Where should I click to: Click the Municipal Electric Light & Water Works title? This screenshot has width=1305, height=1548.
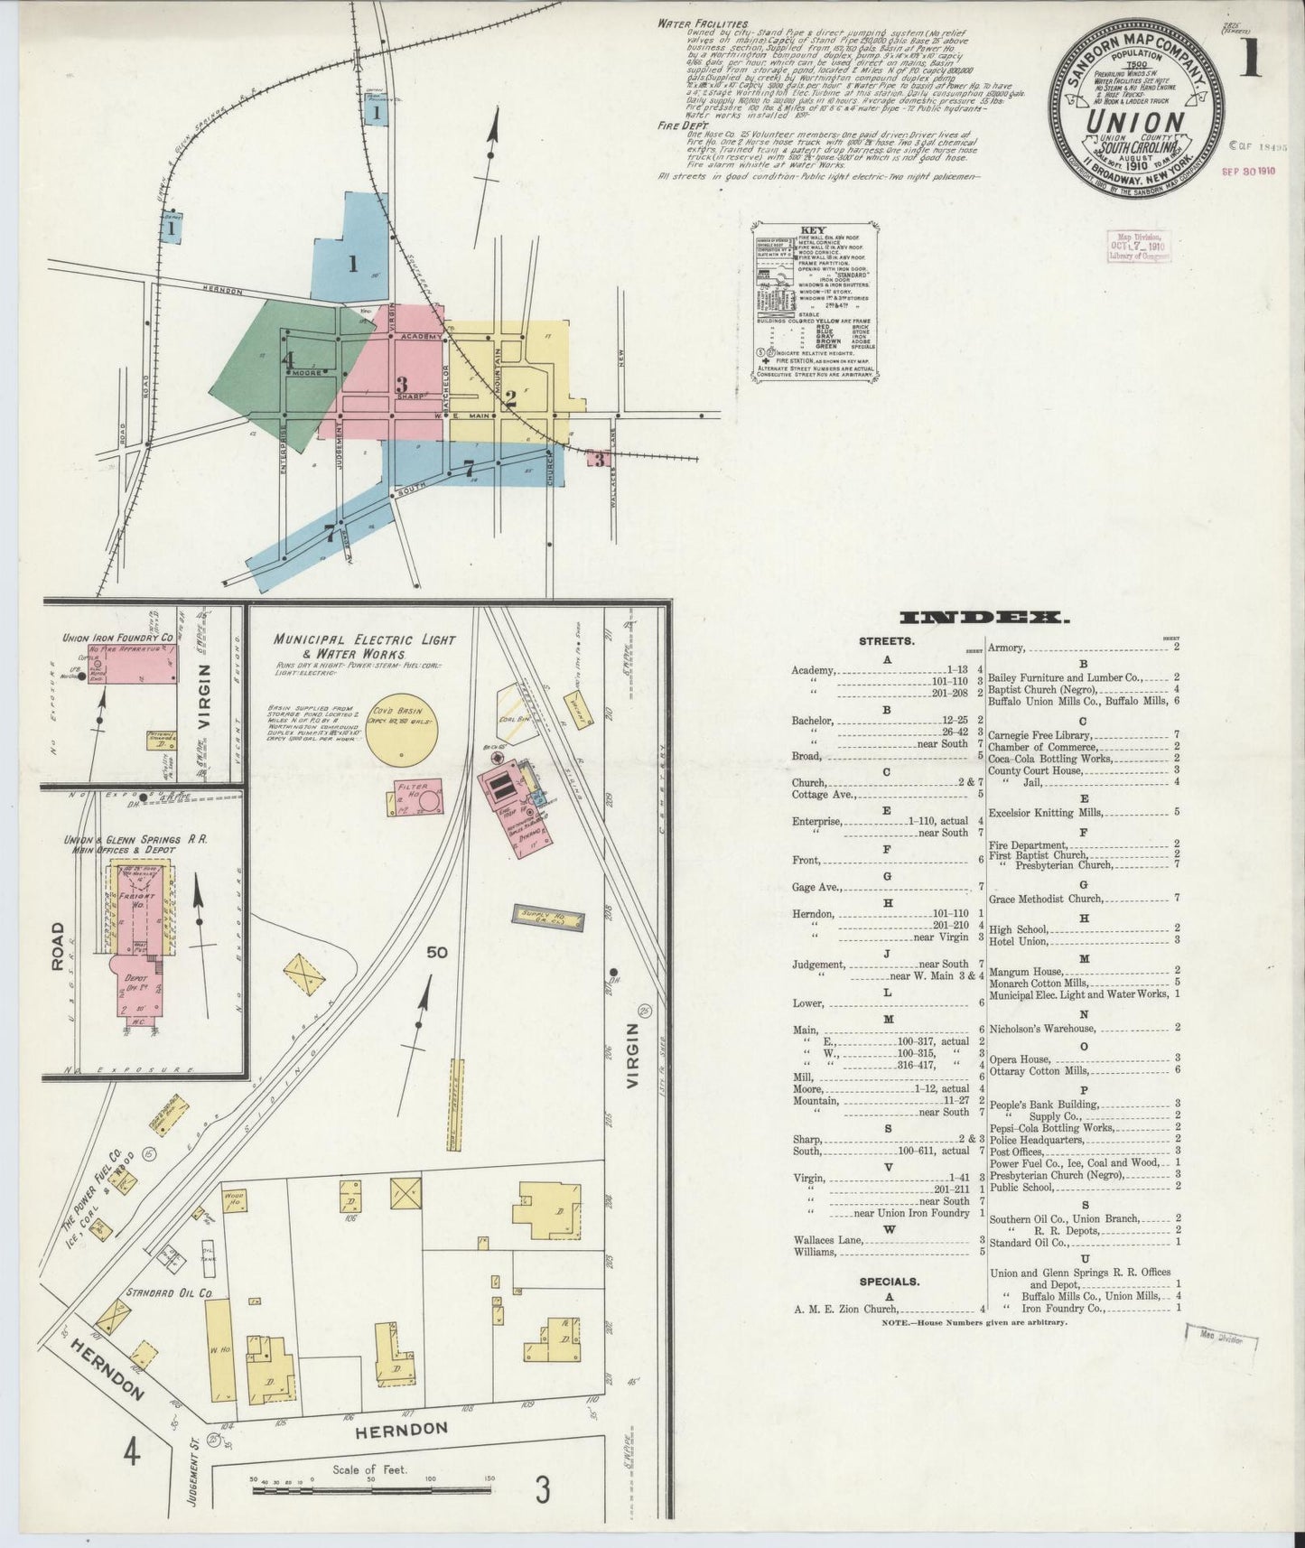(365, 646)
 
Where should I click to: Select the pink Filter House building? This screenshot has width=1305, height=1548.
(418, 797)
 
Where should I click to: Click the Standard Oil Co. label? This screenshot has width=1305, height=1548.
(169, 1292)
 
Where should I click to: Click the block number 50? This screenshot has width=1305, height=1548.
(437, 951)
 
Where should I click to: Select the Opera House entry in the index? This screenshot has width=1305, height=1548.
(1021, 1058)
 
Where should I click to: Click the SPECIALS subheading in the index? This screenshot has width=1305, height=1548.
(890, 1281)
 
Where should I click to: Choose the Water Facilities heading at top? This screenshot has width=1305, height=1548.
(703, 23)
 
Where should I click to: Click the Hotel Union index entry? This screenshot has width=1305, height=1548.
(1019, 941)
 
